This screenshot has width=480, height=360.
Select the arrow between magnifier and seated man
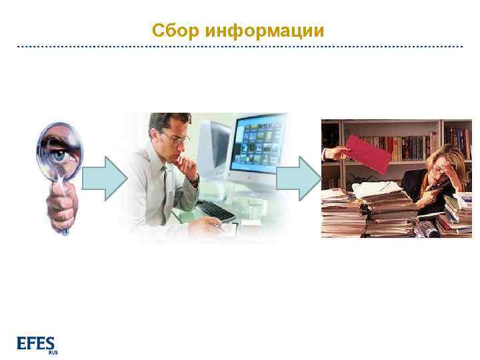(x=104, y=178)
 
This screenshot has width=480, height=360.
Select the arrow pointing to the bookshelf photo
(x=298, y=178)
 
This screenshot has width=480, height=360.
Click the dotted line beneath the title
(x=240, y=47)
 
